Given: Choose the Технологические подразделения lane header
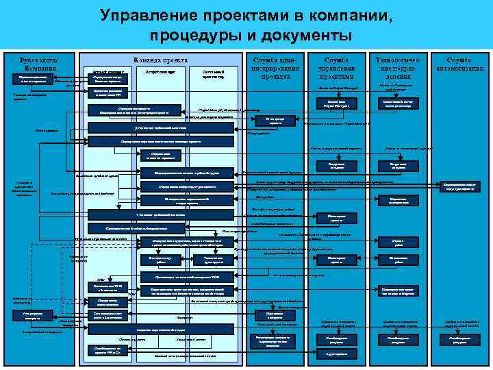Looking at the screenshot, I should (x=399, y=68).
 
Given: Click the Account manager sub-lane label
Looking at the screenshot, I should (x=105, y=71).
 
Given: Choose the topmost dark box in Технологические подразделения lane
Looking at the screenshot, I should (x=399, y=104).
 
